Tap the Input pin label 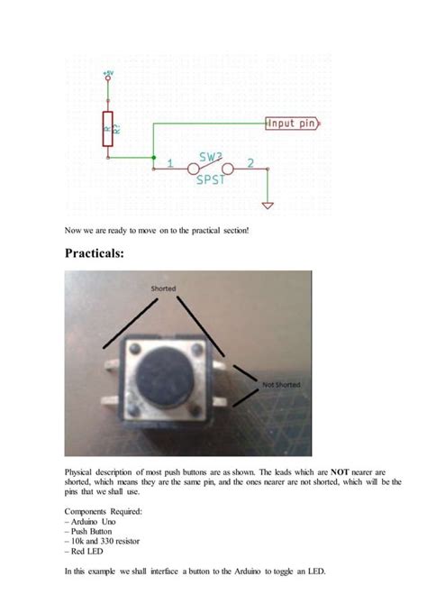click(291, 124)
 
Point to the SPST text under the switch click(210, 180)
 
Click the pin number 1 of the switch click(170, 163)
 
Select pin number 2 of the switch click(250, 163)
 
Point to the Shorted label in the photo click(163, 288)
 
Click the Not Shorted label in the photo click(280, 385)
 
